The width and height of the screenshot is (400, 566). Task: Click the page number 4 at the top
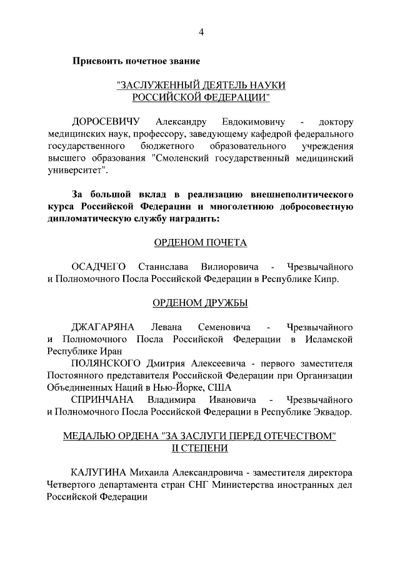pos(201,33)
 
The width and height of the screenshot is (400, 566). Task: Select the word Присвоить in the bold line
pos(97,61)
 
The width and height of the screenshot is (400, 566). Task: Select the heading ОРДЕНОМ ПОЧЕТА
pos(201,243)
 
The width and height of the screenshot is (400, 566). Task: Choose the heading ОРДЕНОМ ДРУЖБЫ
pos(201,303)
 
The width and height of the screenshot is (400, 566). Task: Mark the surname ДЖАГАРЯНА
pos(103,327)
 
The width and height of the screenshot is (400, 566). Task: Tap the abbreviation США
pos(219,388)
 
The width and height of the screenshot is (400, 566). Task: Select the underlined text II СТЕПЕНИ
pos(200,448)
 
